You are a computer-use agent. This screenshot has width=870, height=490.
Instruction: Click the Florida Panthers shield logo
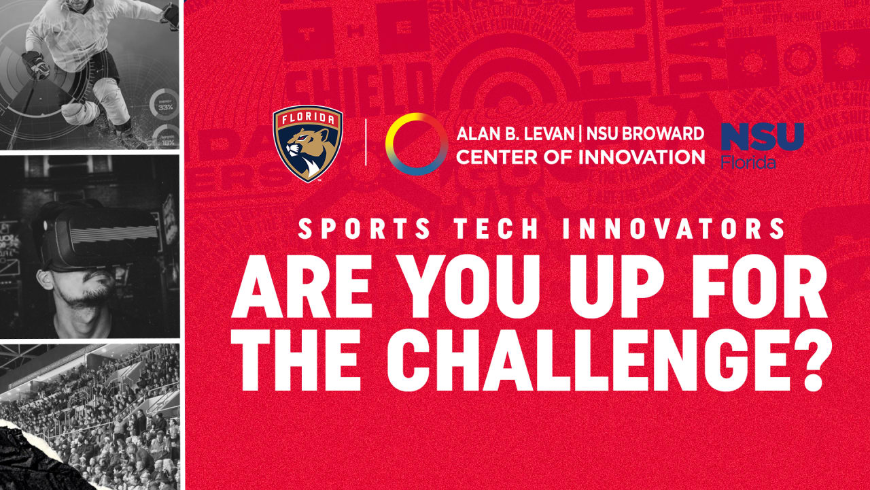pos(307,144)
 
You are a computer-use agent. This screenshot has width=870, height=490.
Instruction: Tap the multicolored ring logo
pos(416,144)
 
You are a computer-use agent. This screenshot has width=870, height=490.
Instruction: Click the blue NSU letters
pos(762,137)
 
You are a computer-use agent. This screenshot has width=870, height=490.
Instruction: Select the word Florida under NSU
pos(749,162)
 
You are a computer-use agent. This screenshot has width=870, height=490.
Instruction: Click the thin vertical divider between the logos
pos(366,144)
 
